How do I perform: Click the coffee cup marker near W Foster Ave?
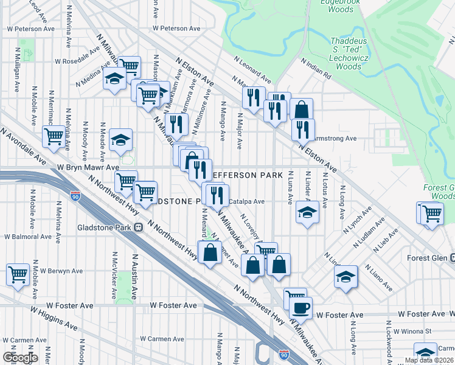(300, 308)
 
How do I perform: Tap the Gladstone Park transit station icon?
(139, 227)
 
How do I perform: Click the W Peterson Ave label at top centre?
(176, 29)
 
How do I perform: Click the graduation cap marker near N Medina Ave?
(114, 79)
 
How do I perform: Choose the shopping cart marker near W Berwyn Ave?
(18, 274)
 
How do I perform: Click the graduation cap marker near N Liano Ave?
(346, 276)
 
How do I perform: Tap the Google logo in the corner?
(19, 358)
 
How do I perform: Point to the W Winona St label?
(412, 332)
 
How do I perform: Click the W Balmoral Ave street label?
(28, 237)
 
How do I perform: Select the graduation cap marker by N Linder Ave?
(307, 214)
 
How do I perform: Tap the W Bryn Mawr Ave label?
(88, 167)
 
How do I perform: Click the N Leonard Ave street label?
(252, 69)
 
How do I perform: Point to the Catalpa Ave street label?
(246, 201)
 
